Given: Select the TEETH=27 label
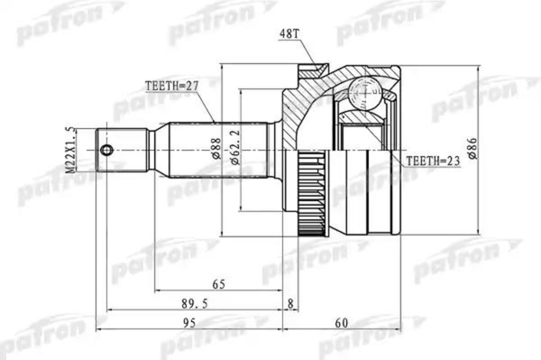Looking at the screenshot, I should [171, 87].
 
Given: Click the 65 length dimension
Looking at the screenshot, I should [218, 284].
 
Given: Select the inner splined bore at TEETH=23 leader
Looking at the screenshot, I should [370, 135].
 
